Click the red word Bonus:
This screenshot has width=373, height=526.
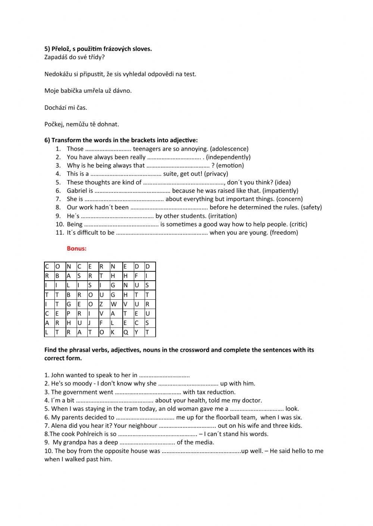coord(76,249)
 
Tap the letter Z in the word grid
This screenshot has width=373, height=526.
coord(101,304)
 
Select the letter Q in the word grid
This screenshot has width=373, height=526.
coord(125,332)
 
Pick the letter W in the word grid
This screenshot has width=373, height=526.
coord(113,304)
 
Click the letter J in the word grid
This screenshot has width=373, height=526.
coord(90,323)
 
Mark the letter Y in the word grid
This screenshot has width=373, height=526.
coord(137,332)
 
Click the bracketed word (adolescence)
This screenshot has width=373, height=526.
coord(229,149)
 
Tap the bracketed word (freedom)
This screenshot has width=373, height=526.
coord(284,233)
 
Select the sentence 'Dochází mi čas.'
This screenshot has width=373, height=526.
coord(66,108)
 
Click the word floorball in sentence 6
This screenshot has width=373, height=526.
coord(228,417)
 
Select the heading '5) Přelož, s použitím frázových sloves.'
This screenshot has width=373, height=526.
coord(98,49)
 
